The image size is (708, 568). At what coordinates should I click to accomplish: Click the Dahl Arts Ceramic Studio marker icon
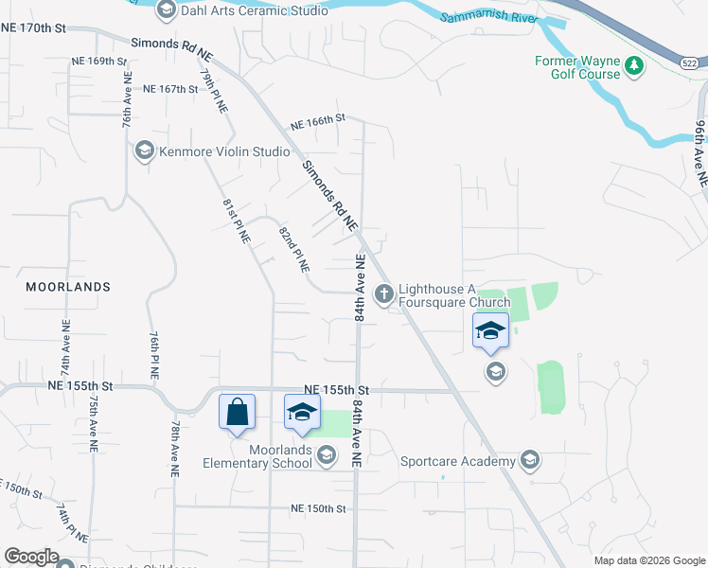pos(167,10)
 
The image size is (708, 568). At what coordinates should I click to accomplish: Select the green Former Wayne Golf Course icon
pos(633,66)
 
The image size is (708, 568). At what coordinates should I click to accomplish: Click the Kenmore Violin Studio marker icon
pos(144,151)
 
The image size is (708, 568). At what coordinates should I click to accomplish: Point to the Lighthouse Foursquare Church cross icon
pos(384,294)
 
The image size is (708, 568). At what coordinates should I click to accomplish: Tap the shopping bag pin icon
pos(237,413)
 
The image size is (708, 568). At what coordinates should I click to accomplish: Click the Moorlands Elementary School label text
pos(257,457)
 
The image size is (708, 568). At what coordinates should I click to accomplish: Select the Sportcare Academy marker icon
pos(530,461)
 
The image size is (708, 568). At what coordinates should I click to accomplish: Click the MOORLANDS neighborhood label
pos(67,286)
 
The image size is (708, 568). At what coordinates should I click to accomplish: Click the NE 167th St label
pos(170,89)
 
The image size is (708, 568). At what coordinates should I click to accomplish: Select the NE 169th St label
pos(98,61)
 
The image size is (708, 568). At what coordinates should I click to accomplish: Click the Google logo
pos(31,557)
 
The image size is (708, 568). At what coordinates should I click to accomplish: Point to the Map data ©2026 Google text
pos(648,560)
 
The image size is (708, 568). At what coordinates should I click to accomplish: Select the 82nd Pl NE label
pos(294,249)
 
